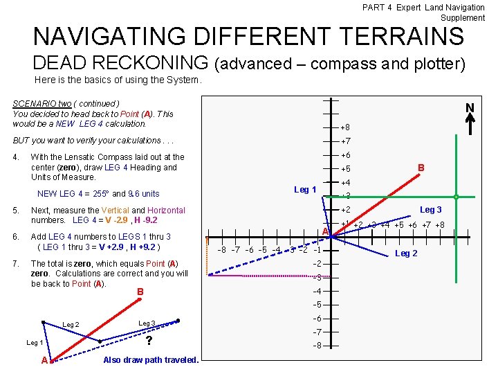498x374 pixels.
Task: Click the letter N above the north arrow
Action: (470, 108)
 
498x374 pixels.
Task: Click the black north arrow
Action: (470, 125)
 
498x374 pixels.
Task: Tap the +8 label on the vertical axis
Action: (344, 127)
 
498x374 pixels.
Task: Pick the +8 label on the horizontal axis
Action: (439, 225)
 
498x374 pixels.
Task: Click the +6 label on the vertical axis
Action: (345, 155)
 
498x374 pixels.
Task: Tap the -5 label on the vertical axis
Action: (317, 305)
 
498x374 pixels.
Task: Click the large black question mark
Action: (148, 341)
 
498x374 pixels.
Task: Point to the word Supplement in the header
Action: (463, 17)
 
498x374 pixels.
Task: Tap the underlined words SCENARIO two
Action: (45, 104)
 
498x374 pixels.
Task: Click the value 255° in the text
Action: (100, 194)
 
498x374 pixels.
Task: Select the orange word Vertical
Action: (115, 211)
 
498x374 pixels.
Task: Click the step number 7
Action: (16, 263)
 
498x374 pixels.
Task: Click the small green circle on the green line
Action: (456, 196)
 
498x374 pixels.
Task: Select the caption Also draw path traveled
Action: (151, 359)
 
